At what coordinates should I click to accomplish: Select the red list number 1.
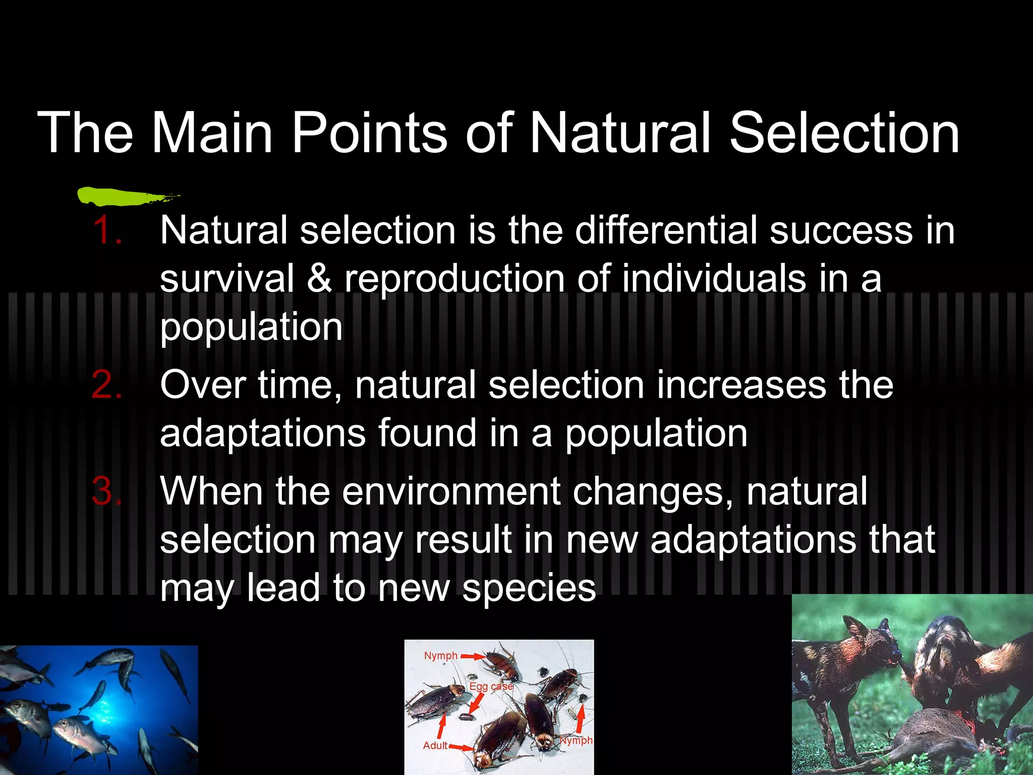pos(107,231)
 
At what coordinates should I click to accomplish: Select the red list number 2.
pos(107,385)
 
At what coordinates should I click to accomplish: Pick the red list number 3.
pos(107,491)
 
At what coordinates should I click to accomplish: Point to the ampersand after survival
pos(319,279)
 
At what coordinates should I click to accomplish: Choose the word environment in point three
pos(451,491)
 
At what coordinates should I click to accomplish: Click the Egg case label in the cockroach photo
pos(491,687)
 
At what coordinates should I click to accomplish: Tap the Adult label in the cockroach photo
pos(435,745)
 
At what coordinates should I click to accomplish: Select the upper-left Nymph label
pos(440,655)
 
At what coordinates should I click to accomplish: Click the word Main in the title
pos(212,133)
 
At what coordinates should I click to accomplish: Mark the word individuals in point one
pos(714,279)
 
